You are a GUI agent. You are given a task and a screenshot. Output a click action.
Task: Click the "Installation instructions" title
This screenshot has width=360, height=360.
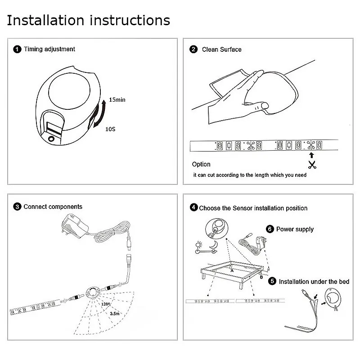click(89, 20)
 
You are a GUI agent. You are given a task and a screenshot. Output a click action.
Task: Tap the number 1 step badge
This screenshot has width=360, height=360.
click(17, 49)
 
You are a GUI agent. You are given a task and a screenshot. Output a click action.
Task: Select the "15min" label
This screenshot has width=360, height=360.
click(117, 99)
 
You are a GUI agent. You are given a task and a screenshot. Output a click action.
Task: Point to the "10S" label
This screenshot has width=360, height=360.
click(111, 129)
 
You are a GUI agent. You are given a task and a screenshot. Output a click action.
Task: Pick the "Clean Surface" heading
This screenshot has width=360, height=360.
click(221, 49)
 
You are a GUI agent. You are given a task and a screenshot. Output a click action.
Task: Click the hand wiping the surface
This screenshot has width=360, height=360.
click(238, 97)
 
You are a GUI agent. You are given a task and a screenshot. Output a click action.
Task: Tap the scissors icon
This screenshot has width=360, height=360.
click(311, 164)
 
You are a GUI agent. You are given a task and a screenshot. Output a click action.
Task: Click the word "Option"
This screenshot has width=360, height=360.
click(201, 164)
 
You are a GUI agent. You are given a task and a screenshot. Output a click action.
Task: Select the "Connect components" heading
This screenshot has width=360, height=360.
click(53, 207)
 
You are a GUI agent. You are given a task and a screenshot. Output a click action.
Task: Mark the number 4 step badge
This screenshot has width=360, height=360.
click(193, 207)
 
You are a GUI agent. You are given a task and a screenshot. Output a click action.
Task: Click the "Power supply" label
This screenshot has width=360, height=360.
click(295, 229)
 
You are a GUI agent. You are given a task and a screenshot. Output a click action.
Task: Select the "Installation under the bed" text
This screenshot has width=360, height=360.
click(314, 282)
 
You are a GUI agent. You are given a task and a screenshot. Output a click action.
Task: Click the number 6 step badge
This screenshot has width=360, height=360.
click(270, 229)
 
